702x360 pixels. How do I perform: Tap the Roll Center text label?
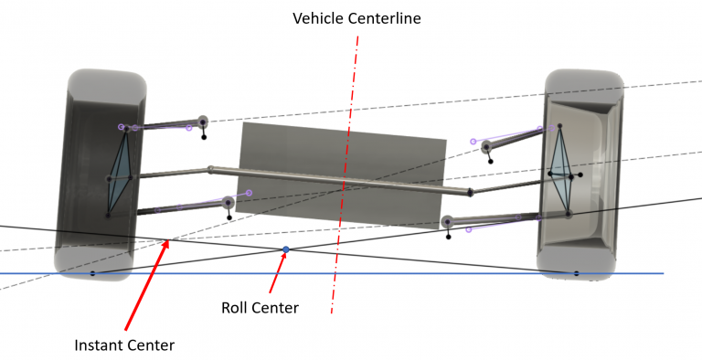260,308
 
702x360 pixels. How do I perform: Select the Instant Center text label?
124,344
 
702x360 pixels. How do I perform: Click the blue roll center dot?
286,249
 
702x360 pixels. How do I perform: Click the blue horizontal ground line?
366,273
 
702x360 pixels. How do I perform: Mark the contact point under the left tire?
92,273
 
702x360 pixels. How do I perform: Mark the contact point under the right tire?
576,273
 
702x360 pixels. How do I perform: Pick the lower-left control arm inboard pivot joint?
228,203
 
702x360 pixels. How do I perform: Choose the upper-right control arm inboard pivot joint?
487,146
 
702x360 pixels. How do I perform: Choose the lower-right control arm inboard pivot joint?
447,222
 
